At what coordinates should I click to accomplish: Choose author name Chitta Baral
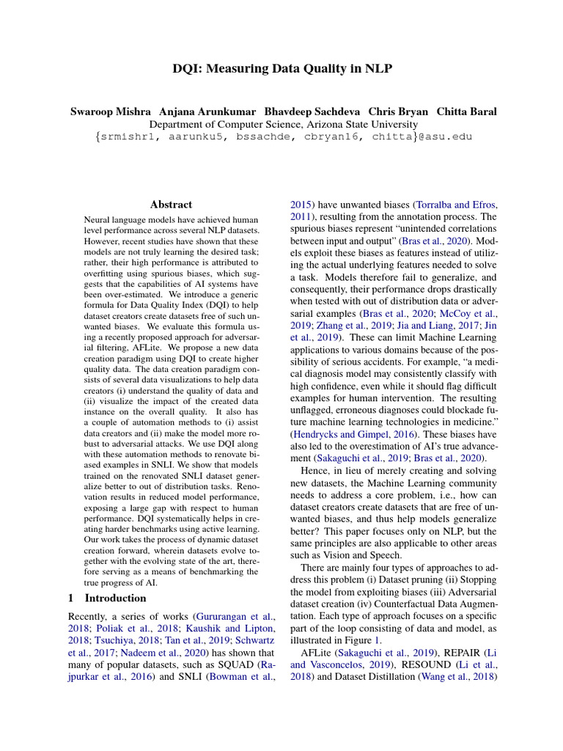[x=466, y=111]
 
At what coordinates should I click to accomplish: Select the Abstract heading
[x=171, y=205]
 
